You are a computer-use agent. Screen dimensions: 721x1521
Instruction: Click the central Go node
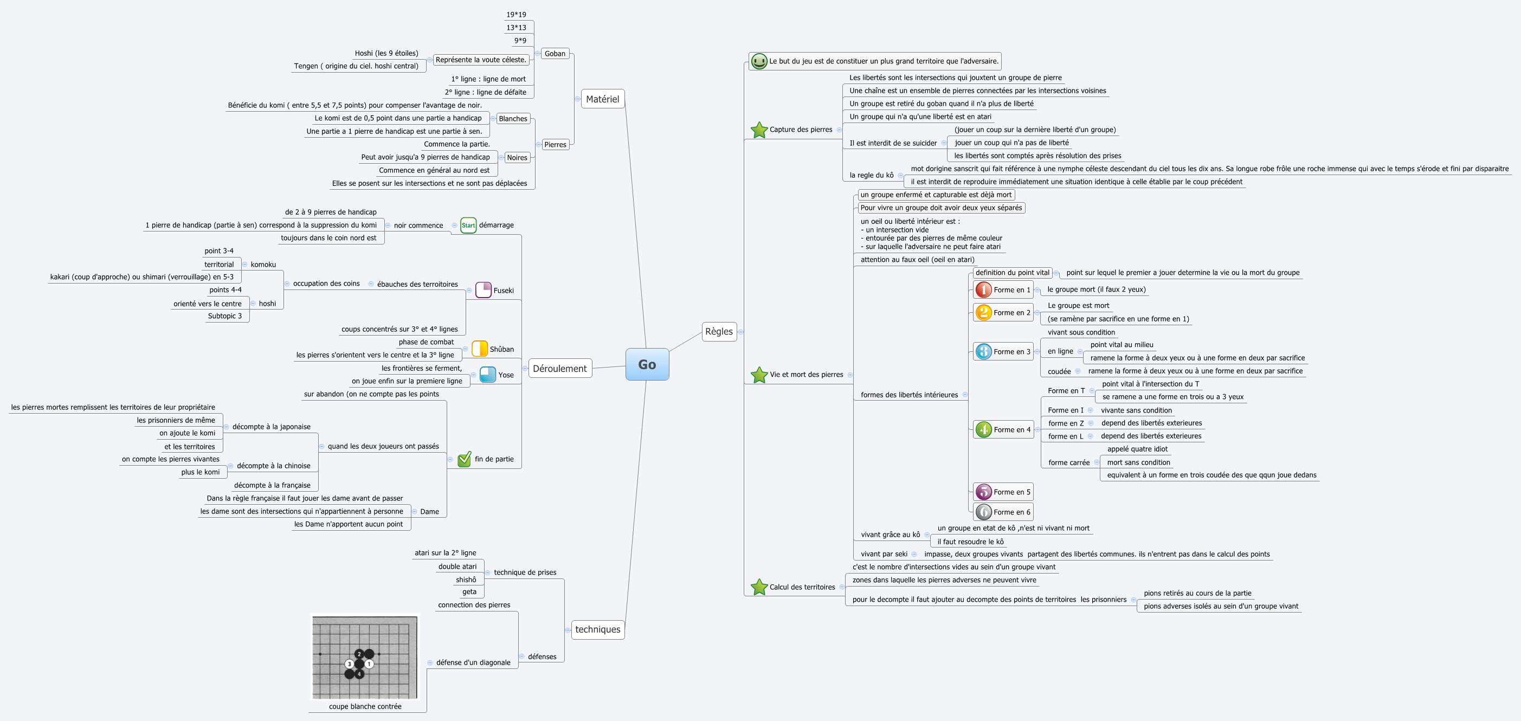(x=647, y=364)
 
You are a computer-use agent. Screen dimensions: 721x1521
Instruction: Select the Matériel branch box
(x=602, y=99)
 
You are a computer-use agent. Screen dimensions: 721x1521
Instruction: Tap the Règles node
(x=719, y=331)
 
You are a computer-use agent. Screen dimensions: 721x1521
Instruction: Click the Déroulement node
(x=560, y=369)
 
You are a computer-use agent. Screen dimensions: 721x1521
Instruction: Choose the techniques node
(x=597, y=629)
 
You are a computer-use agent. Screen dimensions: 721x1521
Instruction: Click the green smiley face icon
(x=759, y=61)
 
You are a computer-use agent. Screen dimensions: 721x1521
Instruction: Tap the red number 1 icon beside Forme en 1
(x=983, y=290)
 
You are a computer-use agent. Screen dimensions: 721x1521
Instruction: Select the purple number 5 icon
(x=983, y=492)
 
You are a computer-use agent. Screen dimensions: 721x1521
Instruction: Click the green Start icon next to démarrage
(x=468, y=225)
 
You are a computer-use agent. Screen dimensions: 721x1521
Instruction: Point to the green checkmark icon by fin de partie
(x=465, y=459)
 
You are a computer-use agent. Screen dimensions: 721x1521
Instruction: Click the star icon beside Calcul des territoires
(x=759, y=587)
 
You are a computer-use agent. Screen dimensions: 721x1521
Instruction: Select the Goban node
(x=555, y=54)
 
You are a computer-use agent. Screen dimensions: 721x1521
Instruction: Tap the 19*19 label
(x=515, y=15)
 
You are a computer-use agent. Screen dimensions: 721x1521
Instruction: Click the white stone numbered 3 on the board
(x=350, y=664)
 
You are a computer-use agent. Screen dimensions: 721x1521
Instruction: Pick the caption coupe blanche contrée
(x=365, y=706)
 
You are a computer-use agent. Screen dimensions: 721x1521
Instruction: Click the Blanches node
(x=513, y=119)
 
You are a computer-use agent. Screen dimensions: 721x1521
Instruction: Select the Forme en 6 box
(x=1011, y=512)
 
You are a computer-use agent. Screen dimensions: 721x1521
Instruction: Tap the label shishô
(x=466, y=580)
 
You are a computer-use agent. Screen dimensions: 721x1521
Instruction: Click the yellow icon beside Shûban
(x=479, y=349)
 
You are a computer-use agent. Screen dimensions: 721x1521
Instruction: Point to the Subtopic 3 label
(x=224, y=316)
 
